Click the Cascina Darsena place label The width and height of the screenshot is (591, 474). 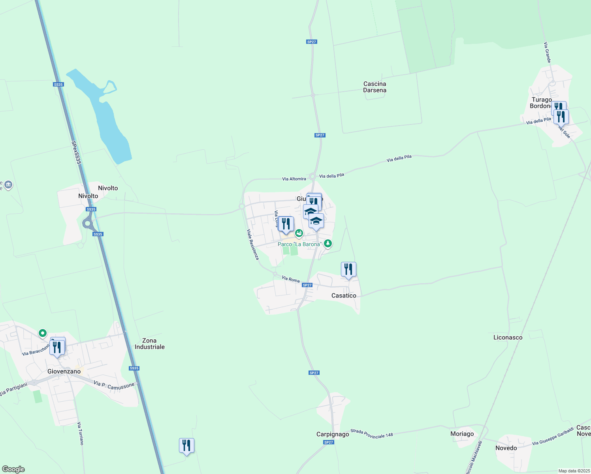pos(375,87)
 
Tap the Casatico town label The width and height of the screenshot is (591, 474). pos(344,295)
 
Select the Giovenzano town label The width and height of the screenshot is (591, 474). pos(64,371)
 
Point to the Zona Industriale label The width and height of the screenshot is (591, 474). pos(150,344)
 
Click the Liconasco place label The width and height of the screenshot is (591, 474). pos(508,337)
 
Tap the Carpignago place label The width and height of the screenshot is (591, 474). pos(333,434)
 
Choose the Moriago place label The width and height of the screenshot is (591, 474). pos(462,434)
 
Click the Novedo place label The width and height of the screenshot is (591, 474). pos(506,448)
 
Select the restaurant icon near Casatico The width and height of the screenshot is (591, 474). pos(348,270)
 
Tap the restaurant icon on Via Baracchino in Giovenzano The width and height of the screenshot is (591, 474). pos(57,347)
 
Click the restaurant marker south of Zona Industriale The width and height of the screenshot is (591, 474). pos(186,446)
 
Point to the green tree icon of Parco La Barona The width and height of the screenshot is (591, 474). pos(327,244)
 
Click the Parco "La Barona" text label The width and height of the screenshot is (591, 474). pos(299,244)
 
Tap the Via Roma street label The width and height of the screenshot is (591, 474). pos(291,279)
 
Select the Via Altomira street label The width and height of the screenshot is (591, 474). pos(294,179)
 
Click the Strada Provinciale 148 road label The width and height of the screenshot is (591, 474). pos(372,433)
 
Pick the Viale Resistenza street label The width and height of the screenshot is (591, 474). pos(253,245)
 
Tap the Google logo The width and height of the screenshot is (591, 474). pos(13,469)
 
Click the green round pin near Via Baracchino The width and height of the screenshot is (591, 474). pos(43,333)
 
